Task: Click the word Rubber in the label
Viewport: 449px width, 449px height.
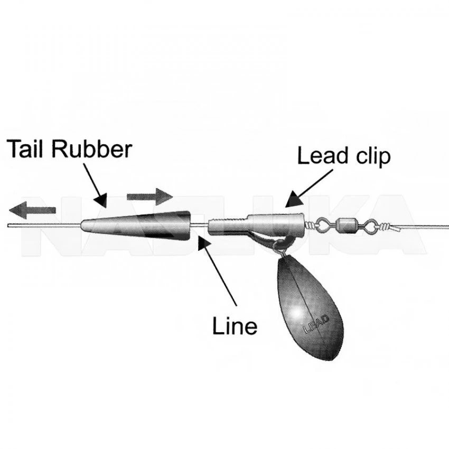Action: click(91, 149)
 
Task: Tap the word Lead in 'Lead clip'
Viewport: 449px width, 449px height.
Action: click(322, 155)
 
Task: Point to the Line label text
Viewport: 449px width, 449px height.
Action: click(235, 326)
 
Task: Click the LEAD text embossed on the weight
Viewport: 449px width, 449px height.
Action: click(316, 324)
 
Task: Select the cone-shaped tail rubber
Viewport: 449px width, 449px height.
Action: click(136, 226)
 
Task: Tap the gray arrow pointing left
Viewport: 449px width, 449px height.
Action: click(32, 210)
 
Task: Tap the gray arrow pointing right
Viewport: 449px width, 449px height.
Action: click(150, 197)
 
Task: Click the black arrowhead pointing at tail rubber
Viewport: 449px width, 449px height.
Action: click(101, 200)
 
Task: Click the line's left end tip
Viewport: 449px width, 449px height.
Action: click(8, 226)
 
